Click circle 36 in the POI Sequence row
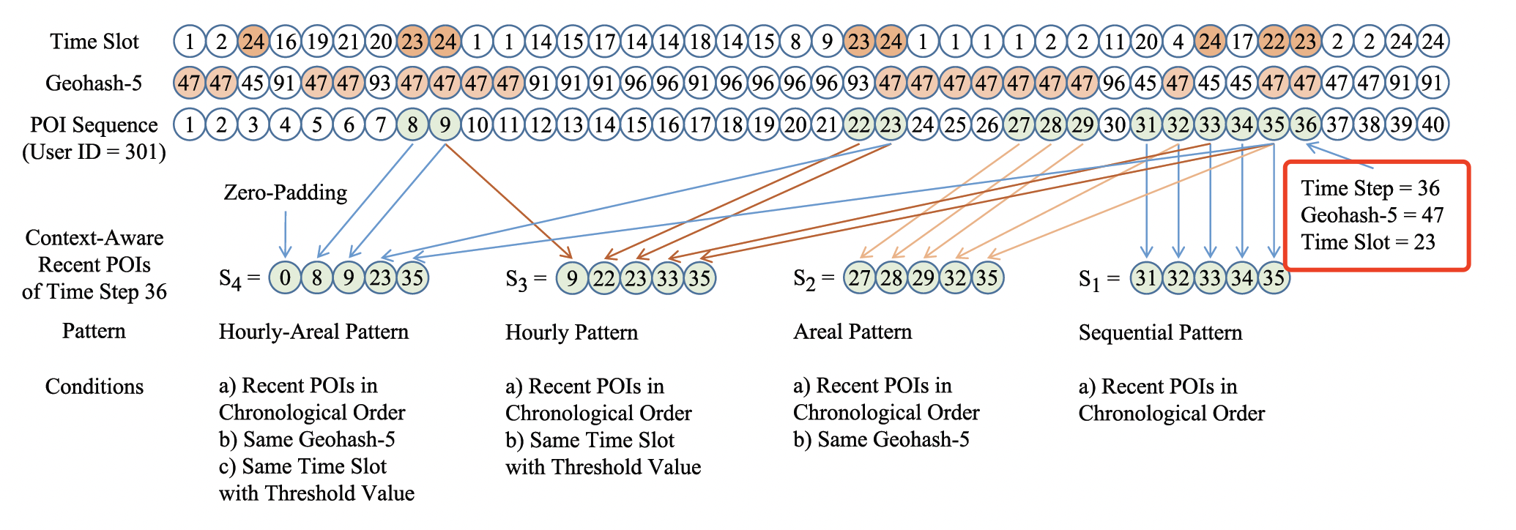1305,125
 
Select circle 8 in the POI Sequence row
413,125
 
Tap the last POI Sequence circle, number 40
1433,125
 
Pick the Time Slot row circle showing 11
1114,42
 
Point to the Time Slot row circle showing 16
286,42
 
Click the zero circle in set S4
285,278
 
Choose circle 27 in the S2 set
860,278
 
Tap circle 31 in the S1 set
1146,278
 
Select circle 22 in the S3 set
604,278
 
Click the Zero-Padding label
285,193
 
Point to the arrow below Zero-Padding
285,234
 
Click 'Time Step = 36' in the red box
1370,189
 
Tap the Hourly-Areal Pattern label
313,332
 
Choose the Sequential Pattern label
1160,332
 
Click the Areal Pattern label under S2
852,332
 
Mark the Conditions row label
94,387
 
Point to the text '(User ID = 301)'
94,152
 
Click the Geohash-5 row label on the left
94,83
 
